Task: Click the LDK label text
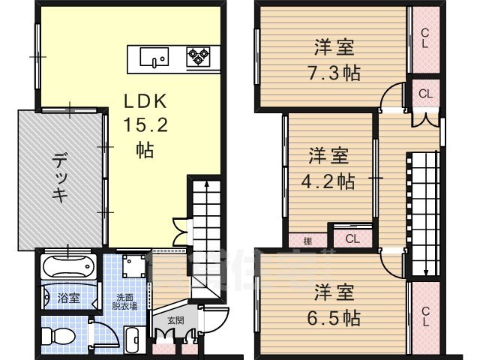(x=145, y=101)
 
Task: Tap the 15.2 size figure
(x=145, y=125)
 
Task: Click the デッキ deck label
(x=60, y=178)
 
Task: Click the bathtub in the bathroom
(x=67, y=268)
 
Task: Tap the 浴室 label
(x=69, y=298)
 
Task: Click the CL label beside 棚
(x=351, y=238)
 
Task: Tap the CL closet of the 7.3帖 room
(x=424, y=37)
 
